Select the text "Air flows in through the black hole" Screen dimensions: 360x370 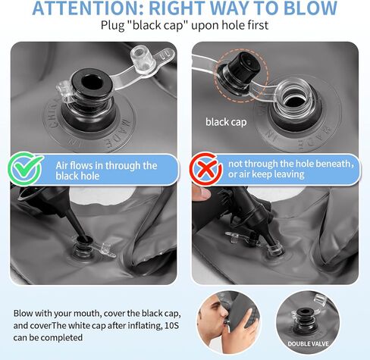tap(106, 171)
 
